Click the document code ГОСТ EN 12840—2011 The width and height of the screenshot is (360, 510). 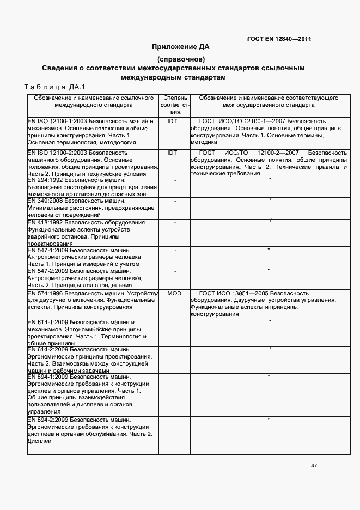tap(279, 39)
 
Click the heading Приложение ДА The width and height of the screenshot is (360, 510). tap(180, 47)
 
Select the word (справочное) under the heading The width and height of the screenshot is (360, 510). tap(180, 59)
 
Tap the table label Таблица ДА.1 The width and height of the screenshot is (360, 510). tap(52, 87)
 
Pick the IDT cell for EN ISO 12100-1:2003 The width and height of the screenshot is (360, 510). tap(173, 121)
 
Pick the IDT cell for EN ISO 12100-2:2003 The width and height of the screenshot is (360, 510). tap(173, 153)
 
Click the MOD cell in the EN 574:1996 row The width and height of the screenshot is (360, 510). tap(174, 293)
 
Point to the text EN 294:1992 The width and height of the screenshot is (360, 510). tap(45, 180)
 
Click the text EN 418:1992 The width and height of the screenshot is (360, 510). tap(45, 223)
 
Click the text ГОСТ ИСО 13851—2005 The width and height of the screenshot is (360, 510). tap(234, 293)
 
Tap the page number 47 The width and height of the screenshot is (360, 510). tap(314, 466)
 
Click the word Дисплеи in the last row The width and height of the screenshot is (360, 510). tap(39, 441)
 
